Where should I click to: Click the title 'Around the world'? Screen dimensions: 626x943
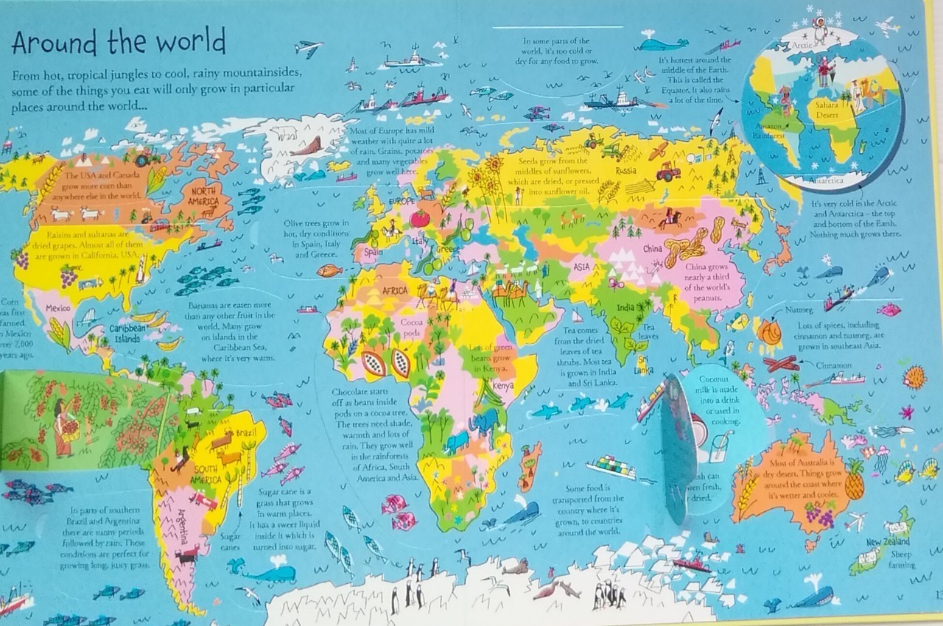click(118, 43)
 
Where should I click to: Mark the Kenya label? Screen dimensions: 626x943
click(502, 385)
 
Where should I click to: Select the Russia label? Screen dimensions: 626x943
click(625, 171)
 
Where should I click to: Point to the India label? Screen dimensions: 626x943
click(625, 307)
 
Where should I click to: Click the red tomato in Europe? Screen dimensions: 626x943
click(421, 218)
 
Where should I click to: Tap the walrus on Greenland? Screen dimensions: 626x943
click(305, 146)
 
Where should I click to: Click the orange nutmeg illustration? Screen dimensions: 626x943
click(768, 334)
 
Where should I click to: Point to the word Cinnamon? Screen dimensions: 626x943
click(835, 365)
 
